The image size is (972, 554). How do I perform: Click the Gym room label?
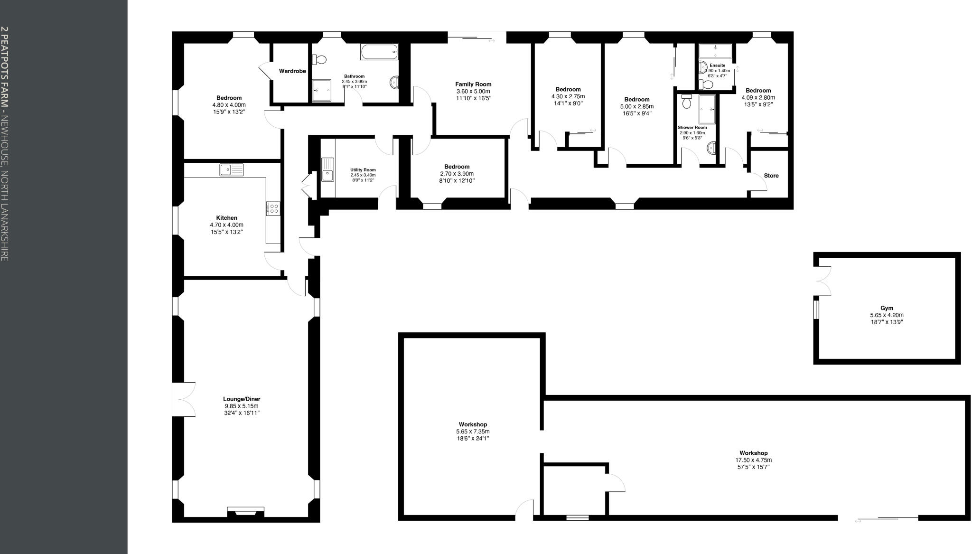click(887, 308)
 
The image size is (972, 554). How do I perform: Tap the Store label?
click(771, 176)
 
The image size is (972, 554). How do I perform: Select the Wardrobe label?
click(292, 71)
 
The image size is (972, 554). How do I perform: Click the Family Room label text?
click(473, 85)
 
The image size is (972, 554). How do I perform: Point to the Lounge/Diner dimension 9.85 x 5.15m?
click(242, 406)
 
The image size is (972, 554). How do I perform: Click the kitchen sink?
click(231, 169)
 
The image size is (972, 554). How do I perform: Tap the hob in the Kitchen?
click(273, 208)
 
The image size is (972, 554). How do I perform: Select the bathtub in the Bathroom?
click(379, 52)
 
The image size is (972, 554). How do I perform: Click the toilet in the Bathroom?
click(319, 59)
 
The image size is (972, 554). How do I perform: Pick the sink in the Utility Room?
click(327, 170)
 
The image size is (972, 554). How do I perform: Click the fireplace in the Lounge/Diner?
click(245, 511)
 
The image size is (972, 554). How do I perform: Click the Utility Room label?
click(363, 170)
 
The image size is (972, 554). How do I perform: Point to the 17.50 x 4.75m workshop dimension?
click(753, 460)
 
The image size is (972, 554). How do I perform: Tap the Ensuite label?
click(717, 66)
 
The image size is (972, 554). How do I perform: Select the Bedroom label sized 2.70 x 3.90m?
click(457, 167)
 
